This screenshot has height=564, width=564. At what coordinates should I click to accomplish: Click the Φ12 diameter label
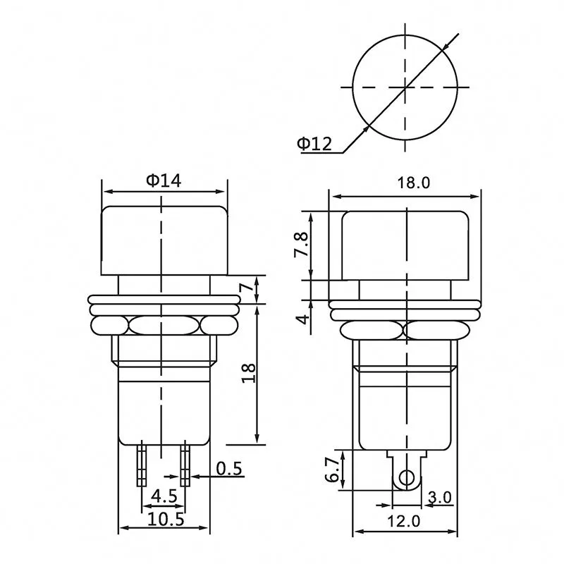coord(314,144)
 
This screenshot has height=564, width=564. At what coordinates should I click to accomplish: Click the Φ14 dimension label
coord(164,180)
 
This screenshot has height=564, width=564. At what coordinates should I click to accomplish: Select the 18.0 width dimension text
coord(413,183)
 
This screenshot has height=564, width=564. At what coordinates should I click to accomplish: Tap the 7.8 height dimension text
coord(302,245)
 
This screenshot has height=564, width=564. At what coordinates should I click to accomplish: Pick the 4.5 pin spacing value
coord(164,496)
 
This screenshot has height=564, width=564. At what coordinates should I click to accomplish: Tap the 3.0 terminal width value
coord(439,497)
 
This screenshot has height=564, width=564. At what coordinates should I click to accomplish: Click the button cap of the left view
coord(164,240)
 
